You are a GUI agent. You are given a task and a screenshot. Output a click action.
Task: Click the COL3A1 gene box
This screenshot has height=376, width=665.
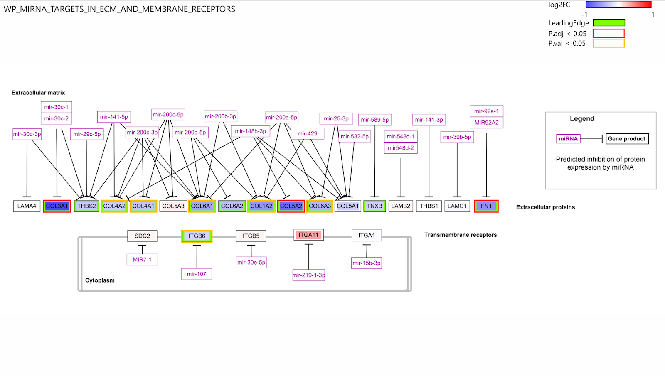coord(57,206)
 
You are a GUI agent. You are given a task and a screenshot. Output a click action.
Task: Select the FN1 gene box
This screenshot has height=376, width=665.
coord(486,206)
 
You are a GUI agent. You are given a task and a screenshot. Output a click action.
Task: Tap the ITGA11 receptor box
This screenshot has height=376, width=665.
coord(308,235)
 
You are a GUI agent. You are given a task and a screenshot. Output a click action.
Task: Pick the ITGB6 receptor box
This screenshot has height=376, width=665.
coord(197,236)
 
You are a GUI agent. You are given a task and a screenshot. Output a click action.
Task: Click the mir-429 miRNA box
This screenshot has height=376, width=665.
coord(308,133)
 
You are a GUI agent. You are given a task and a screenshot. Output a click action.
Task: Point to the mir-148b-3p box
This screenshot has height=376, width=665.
coord(250,131)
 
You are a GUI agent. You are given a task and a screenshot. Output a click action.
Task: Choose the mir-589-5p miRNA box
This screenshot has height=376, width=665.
coord(374,120)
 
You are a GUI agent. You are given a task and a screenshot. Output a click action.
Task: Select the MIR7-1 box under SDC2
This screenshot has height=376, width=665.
coord(142,260)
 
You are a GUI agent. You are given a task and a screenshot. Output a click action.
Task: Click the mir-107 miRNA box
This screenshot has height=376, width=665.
coord(197,274)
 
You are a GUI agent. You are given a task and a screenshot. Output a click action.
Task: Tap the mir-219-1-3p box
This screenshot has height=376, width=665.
coord(309,275)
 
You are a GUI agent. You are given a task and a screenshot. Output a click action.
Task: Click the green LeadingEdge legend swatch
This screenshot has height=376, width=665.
coord(609,23)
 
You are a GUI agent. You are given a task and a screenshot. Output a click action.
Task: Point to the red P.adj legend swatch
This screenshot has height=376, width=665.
coord(608,33)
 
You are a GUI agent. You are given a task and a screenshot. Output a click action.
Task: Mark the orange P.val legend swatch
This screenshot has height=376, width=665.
coord(608,43)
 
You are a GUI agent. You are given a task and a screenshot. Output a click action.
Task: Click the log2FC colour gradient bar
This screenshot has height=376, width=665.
coord(618,5)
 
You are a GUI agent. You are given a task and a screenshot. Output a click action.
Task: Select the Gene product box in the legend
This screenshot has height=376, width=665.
coord(627,139)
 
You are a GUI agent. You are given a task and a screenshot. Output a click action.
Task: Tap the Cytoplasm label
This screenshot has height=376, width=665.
coord(100,280)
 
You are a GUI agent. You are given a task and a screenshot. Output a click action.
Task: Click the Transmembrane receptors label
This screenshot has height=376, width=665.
coord(461,235)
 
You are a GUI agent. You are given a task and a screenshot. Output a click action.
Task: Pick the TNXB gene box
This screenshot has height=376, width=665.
coord(374,206)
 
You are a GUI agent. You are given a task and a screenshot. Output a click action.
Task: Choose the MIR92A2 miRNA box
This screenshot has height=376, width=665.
coord(486,123)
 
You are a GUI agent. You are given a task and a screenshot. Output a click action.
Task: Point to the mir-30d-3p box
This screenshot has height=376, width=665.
coord(27,134)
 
